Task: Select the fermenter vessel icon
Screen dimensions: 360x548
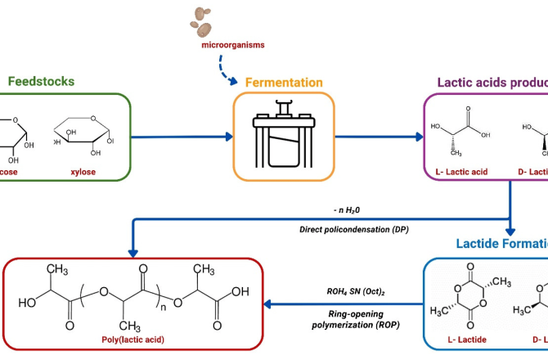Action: tap(284, 135)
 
